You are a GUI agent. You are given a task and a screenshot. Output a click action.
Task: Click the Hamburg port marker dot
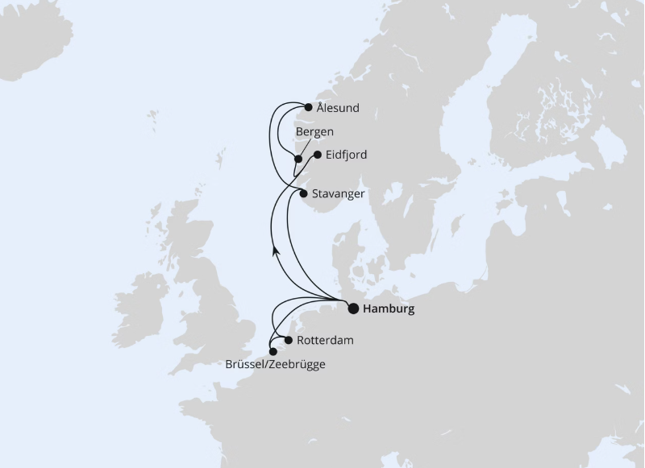coord(353,308)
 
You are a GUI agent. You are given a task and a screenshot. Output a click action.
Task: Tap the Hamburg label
coord(389,309)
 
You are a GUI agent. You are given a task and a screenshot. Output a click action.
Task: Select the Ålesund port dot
coord(308,107)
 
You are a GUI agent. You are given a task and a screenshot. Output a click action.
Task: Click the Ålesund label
coord(338,108)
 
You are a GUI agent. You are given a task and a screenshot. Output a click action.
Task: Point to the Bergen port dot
coord(298,159)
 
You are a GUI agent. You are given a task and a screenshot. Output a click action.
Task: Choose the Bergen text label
coord(314,131)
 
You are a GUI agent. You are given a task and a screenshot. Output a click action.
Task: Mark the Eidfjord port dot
coord(318,155)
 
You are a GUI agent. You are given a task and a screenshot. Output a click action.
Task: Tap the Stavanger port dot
coord(303,193)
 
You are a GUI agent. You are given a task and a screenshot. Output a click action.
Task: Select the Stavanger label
coord(339,194)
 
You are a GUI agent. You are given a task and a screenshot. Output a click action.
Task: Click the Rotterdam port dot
coord(289,340)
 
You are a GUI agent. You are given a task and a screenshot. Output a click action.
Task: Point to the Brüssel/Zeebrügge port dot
coord(273,352)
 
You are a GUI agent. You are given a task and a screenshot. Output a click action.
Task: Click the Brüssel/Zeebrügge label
coord(276,365)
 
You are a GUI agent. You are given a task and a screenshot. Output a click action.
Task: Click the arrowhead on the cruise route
coord(274,251)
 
